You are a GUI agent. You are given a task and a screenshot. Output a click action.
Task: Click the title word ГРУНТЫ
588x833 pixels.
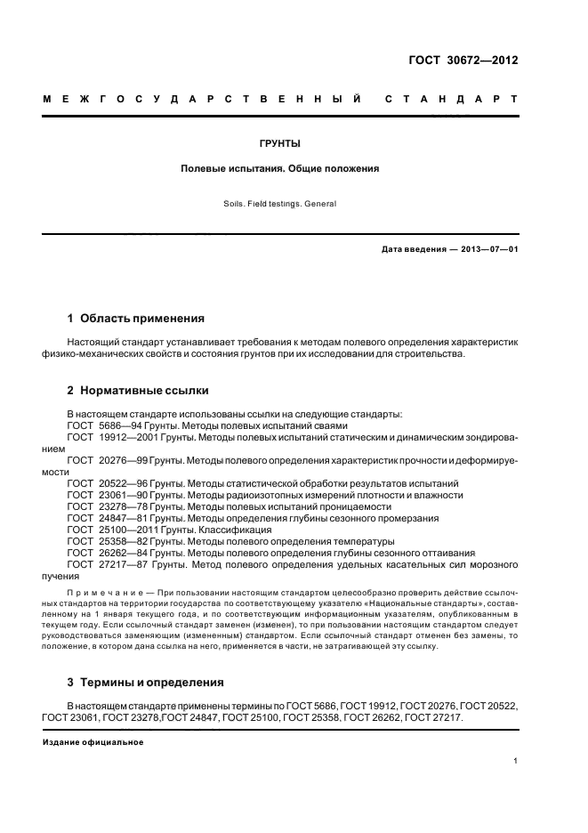tap(280, 142)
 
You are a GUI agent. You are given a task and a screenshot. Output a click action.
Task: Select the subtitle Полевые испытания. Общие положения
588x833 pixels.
tap(280, 167)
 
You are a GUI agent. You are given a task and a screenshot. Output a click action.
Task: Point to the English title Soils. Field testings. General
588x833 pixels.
tap(280, 204)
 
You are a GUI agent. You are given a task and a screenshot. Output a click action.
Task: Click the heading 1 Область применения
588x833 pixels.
tap(136, 318)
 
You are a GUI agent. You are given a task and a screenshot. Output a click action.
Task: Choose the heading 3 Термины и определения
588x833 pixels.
tap(146, 683)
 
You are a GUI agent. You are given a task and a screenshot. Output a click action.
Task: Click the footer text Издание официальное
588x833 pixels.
tap(93, 742)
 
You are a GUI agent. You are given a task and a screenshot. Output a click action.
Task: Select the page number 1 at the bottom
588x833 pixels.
tap(516, 761)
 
